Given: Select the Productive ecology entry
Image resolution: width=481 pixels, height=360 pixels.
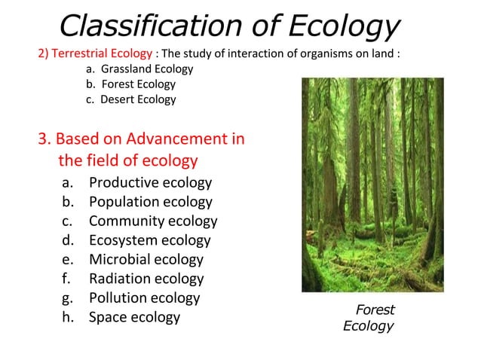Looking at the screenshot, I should pos(150,183).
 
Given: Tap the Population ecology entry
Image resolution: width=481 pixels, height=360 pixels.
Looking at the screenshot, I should pos(150,202).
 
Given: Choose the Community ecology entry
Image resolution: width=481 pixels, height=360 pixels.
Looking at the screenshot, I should pos(152,221).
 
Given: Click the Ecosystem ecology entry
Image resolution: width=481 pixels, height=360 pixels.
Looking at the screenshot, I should pos(149,240).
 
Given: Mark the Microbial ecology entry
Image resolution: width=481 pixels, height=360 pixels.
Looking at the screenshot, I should pos(146,260).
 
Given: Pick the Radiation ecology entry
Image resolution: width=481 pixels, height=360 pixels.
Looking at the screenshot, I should pos(146,279).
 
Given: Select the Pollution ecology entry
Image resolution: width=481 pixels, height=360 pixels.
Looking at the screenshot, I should pos(144,297).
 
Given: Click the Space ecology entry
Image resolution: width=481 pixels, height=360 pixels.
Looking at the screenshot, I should pos(134,317).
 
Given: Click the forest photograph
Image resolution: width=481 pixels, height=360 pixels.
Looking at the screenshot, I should pos(372,185).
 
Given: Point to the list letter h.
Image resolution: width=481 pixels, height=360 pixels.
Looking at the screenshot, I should pos(67,317).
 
